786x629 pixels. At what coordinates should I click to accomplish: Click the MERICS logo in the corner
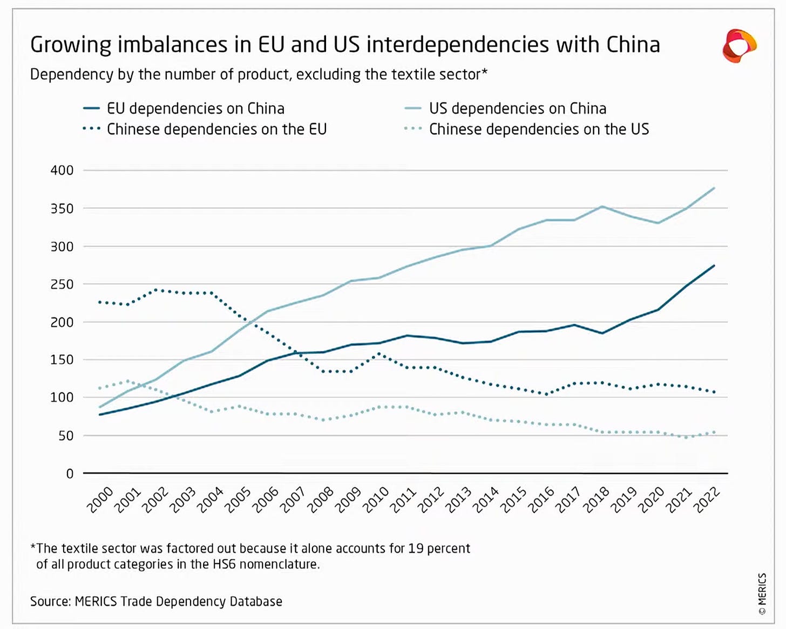739,46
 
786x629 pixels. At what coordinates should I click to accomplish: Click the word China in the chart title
633,45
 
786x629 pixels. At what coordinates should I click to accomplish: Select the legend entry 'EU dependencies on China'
184,108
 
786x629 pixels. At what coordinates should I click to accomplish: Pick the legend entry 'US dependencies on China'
505,108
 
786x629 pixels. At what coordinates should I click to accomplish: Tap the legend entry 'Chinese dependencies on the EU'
205,129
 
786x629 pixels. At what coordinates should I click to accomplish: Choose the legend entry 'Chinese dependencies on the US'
527,129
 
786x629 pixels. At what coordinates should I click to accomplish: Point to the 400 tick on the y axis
62,170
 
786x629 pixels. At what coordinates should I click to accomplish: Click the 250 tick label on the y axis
62,284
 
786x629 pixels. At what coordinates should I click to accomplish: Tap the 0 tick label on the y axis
70,474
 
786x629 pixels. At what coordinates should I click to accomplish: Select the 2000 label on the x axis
100,500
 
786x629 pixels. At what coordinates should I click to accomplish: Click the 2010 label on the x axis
376,500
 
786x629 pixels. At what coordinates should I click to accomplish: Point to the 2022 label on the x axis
707,500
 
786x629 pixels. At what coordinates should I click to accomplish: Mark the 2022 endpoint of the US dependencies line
714,188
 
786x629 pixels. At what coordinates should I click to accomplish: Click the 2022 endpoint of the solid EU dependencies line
714,265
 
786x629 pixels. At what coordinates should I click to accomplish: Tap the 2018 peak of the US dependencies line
601,206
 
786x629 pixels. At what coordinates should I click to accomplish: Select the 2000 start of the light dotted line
100,388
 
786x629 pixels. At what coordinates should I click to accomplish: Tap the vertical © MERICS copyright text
762,593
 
